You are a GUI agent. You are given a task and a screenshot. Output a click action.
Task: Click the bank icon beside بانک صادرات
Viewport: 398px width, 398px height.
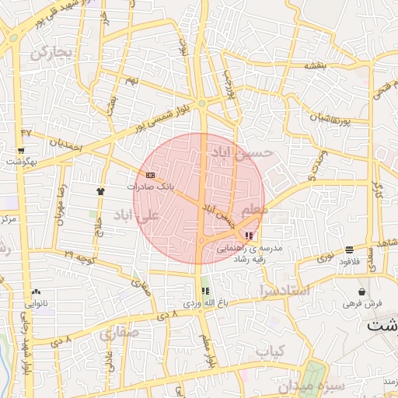[150, 175]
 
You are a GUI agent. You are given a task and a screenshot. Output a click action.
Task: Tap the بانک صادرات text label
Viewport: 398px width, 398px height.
[152, 187]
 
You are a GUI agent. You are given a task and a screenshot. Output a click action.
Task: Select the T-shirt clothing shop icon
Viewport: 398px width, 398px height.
[99, 190]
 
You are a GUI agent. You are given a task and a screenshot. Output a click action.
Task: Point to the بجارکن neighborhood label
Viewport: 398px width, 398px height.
[51, 54]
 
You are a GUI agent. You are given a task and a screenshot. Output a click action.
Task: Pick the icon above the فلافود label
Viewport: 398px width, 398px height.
[349, 250]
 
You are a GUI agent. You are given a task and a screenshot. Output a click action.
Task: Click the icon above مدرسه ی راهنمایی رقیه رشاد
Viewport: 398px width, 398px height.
[249, 236]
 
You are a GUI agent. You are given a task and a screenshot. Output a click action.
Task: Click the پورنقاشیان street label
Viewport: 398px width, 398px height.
[320, 119]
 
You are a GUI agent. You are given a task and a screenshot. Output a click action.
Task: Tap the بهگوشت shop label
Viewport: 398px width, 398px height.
[23, 162]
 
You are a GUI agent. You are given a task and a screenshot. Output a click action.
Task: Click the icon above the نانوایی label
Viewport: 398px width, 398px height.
[37, 292]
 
